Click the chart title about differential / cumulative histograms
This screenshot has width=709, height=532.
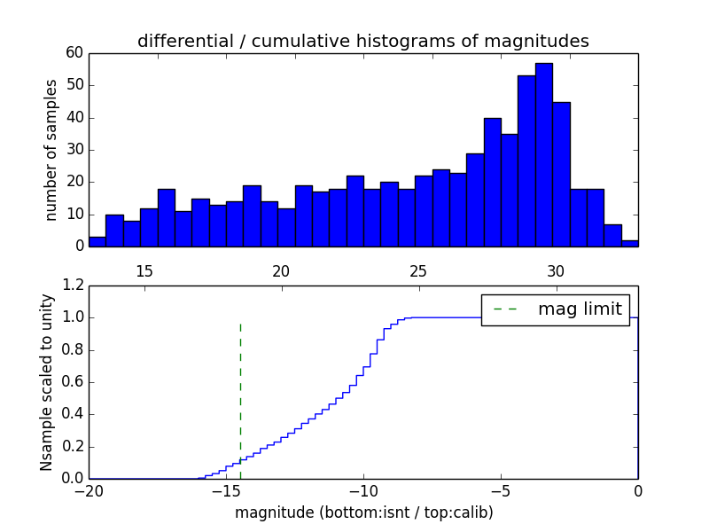tap(362, 41)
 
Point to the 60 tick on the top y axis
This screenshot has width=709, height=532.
tap(74, 53)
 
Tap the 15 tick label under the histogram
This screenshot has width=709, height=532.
tap(144, 270)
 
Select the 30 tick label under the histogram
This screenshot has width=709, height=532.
tap(556, 270)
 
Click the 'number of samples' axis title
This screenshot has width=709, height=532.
tap(51, 150)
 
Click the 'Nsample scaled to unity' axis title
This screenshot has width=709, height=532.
tap(47, 382)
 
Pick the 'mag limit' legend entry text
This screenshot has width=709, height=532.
tap(579, 309)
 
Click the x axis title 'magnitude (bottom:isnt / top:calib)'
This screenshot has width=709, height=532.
tap(363, 512)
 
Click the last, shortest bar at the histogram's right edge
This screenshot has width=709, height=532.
tap(629, 242)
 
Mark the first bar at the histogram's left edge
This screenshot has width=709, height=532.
tap(97, 241)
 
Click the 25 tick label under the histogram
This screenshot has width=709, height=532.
tap(418, 270)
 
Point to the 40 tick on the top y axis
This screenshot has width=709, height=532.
tap(74, 117)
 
